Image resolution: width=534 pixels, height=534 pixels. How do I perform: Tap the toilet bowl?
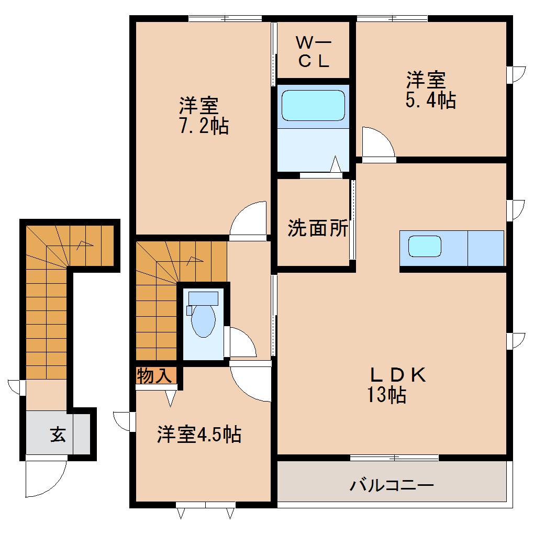pyautogui.click(x=203, y=320)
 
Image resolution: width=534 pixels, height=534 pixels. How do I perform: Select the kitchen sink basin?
pyautogui.click(x=425, y=246)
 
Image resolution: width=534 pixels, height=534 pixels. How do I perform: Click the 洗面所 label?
pyautogui.click(x=318, y=228)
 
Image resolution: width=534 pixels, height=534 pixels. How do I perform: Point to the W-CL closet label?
pyautogui.click(x=314, y=51)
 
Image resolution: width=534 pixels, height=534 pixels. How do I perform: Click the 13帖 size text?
pyautogui.click(x=386, y=395)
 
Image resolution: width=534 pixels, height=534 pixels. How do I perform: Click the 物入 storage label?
pyautogui.click(x=154, y=375)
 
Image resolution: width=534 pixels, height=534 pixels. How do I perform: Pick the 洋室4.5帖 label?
pyautogui.click(x=199, y=434)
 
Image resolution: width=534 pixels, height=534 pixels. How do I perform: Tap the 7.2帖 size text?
pyautogui.click(x=204, y=126)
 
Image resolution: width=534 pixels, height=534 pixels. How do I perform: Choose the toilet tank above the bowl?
pyautogui.click(x=203, y=298)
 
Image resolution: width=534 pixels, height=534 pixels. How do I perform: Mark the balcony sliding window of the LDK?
pyautogui.click(x=394, y=458)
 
